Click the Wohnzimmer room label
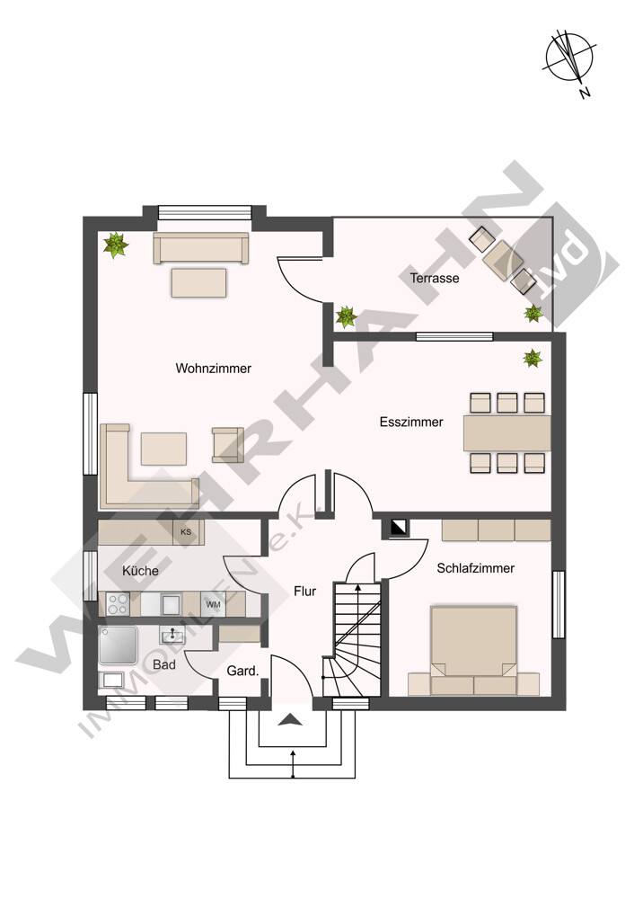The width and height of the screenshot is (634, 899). click(x=213, y=368)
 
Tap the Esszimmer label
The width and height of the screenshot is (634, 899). click(x=411, y=422)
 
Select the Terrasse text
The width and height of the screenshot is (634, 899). click(x=435, y=278)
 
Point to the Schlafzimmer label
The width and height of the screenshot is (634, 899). click(x=475, y=568)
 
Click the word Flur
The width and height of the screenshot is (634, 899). click(x=304, y=592)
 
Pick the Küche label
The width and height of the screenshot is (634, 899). click(x=140, y=571)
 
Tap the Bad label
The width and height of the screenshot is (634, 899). click(x=163, y=665)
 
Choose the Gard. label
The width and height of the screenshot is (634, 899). click(x=242, y=671)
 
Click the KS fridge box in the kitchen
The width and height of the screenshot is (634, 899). click(x=186, y=532)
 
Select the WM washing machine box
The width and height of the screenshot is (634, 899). click(x=213, y=604)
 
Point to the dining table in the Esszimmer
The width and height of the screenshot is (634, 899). click(x=506, y=433)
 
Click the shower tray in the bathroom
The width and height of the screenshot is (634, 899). click(x=118, y=645)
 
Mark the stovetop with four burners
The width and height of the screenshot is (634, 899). click(x=118, y=604)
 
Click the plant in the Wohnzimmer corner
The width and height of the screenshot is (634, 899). click(x=116, y=245)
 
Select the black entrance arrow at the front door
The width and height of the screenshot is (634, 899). click(x=290, y=719)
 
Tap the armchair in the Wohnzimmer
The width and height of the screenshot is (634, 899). click(x=227, y=445)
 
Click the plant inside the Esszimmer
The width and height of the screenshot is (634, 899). click(x=533, y=359)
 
